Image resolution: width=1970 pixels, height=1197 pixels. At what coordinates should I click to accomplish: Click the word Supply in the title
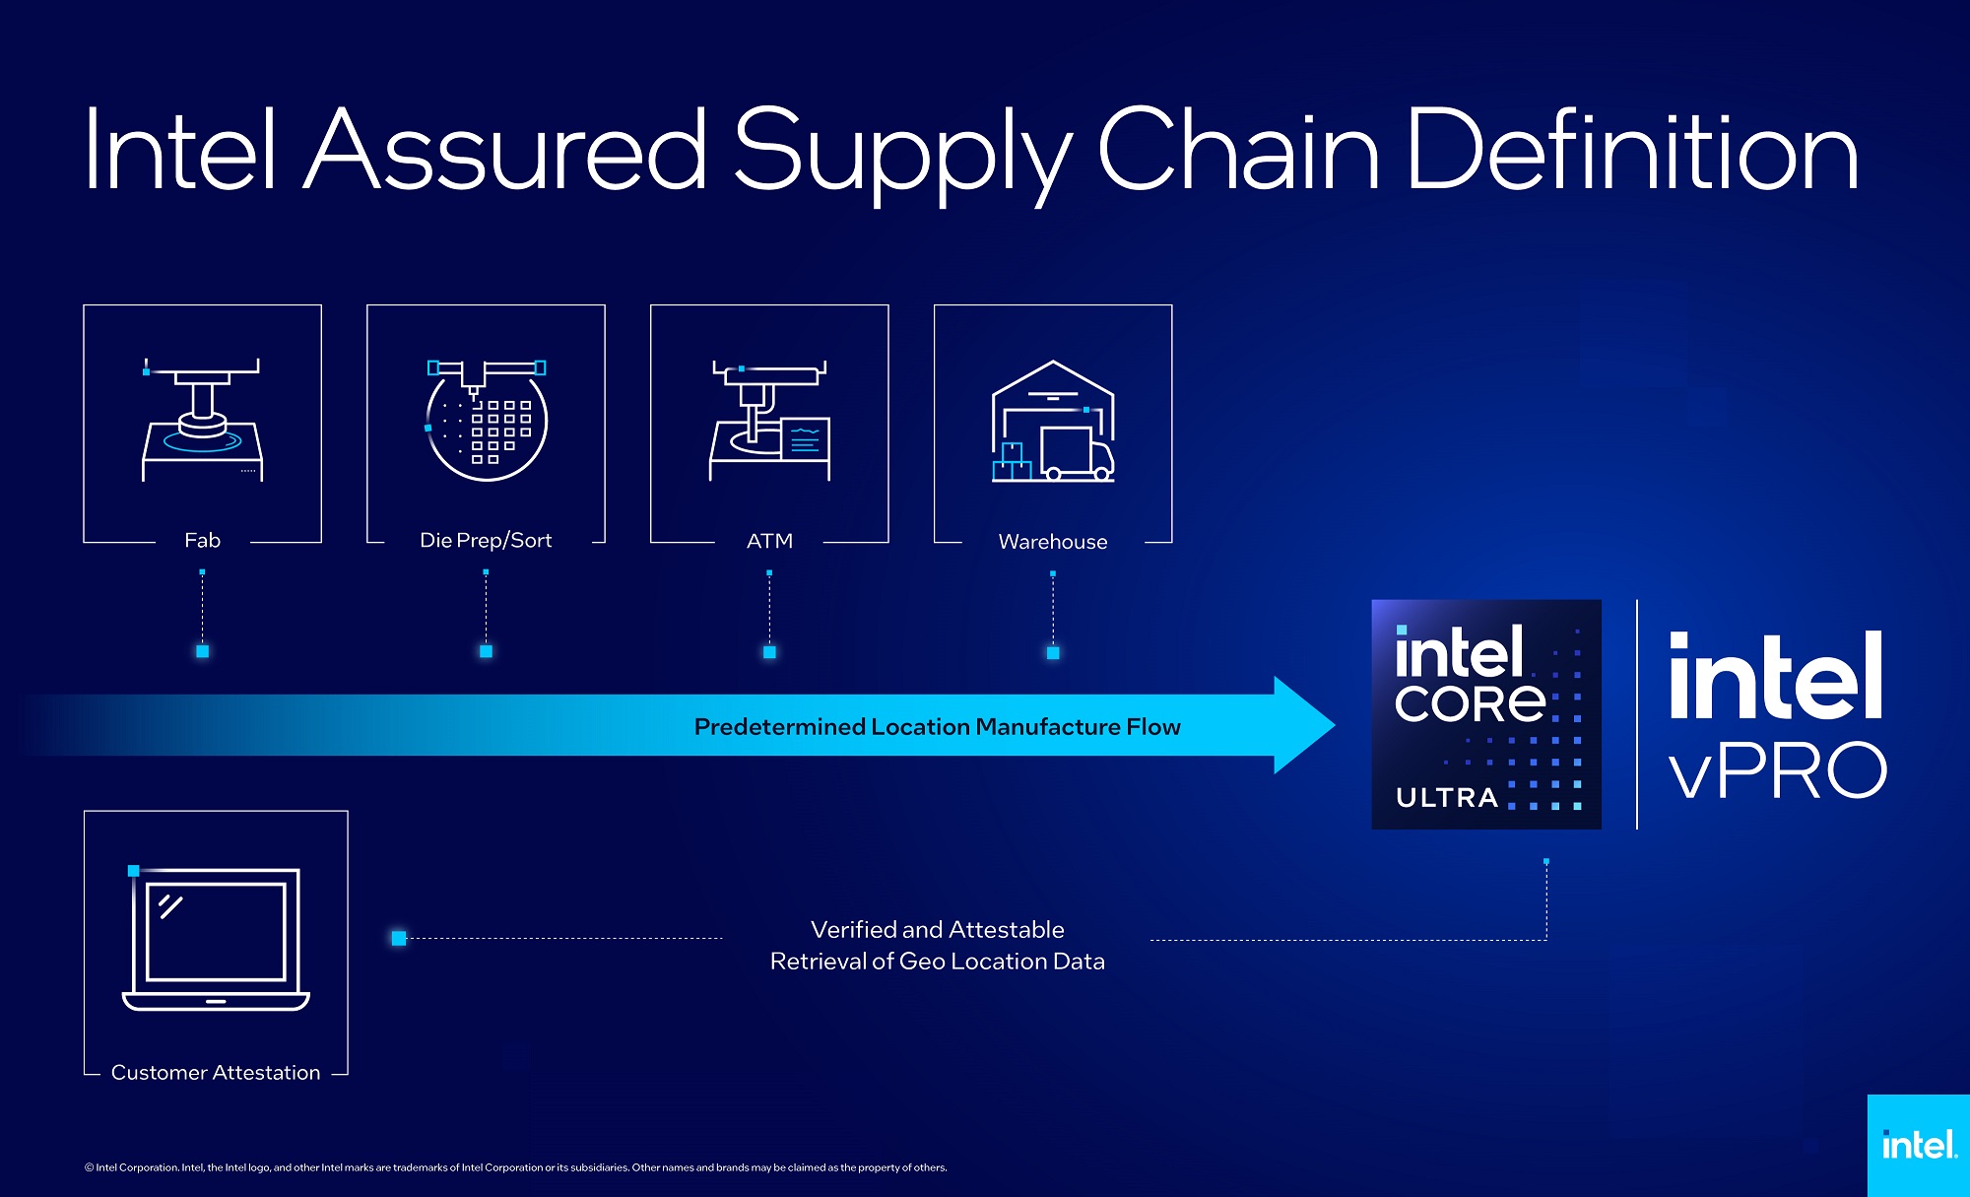click(x=901, y=153)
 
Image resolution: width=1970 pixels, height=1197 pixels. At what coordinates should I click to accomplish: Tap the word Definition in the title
click(x=1631, y=153)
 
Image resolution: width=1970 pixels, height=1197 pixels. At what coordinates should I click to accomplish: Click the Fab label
click(x=202, y=540)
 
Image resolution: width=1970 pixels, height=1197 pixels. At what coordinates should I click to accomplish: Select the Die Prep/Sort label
click(x=486, y=540)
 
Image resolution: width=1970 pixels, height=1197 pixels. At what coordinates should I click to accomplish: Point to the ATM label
click(x=769, y=541)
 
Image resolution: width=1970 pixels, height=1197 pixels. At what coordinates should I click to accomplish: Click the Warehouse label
click(x=1052, y=542)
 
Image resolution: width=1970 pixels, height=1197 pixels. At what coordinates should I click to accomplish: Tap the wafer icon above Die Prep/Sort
click(x=487, y=421)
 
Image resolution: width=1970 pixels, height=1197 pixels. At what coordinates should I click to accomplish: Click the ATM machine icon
click(x=769, y=421)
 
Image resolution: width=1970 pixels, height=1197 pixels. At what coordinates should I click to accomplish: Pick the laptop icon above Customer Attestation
click(x=216, y=938)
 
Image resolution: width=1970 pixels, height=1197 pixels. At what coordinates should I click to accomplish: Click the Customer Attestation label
click(x=216, y=1072)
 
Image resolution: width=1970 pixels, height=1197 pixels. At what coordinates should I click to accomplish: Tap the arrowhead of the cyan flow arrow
click(x=1302, y=725)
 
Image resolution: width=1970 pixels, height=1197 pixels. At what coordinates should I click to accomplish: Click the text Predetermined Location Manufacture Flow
click(x=937, y=727)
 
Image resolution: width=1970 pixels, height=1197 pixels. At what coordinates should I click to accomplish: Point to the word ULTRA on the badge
click(x=1446, y=797)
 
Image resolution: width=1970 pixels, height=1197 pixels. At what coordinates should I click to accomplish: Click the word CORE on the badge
click(x=1470, y=702)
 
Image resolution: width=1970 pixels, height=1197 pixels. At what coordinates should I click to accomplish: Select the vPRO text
click(x=1777, y=770)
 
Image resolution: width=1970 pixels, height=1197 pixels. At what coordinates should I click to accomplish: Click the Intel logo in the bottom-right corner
click(x=1918, y=1145)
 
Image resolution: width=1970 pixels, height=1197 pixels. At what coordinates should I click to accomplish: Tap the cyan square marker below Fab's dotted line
click(x=202, y=651)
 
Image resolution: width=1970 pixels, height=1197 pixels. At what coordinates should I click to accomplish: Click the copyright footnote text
click(x=515, y=1167)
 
